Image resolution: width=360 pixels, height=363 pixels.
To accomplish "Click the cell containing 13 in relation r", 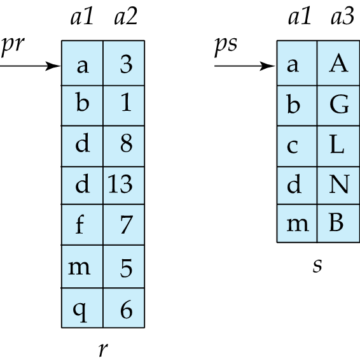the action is [x=123, y=185].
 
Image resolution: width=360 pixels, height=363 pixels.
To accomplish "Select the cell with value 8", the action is [x=123, y=146].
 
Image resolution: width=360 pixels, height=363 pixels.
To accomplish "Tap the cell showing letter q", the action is [x=82, y=308].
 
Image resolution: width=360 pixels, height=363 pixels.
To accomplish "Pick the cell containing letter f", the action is [x=82, y=225].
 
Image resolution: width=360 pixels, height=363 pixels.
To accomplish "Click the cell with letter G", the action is [x=338, y=106].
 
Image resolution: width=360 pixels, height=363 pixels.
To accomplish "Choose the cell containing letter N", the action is [x=338, y=185].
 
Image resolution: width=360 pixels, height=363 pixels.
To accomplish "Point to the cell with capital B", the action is [x=338, y=224].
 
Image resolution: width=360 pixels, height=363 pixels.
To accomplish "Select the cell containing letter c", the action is [x=297, y=146].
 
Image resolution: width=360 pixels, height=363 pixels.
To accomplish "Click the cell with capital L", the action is [x=338, y=146].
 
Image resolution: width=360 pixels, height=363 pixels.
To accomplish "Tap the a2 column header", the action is [x=126, y=17].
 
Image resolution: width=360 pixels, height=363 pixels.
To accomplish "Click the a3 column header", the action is [x=342, y=17].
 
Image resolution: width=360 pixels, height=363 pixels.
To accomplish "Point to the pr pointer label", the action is [x=12, y=46].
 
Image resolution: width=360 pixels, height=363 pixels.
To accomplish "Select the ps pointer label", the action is [x=226, y=46].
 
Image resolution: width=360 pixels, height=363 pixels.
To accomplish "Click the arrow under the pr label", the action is [x=30, y=66].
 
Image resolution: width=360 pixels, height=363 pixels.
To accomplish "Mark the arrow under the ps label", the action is [x=245, y=66].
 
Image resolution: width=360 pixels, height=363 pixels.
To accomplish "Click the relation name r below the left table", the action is [x=103, y=349].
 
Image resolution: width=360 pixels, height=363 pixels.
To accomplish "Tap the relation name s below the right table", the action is [x=317, y=266].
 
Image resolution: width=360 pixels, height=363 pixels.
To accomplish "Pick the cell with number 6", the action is [x=123, y=308].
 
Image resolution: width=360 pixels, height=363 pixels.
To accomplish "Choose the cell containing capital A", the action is [x=338, y=63].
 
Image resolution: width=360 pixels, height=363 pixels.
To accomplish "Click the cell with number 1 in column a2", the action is [x=123, y=106].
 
